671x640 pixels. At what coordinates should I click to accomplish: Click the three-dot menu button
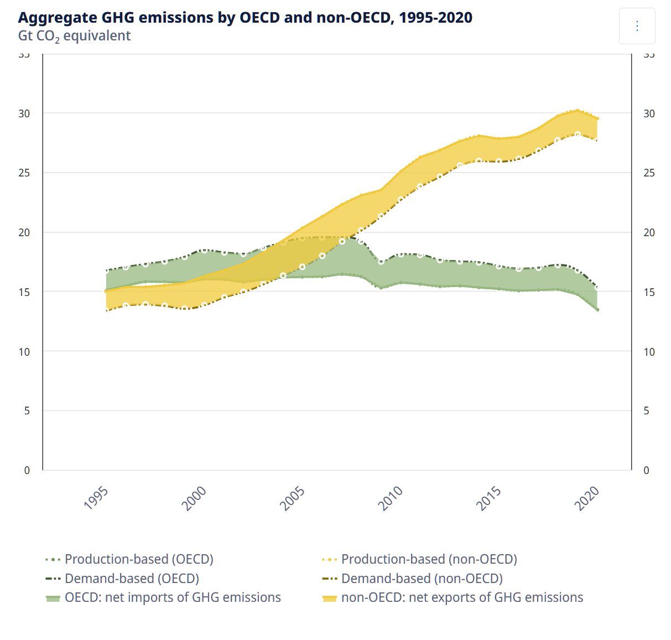click(637, 26)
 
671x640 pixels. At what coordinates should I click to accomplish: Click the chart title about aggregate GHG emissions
click(245, 18)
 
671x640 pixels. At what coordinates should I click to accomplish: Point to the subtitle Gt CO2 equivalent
click(74, 36)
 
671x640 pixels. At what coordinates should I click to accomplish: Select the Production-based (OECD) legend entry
click(139, 559)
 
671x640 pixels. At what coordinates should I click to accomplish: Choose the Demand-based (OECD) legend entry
click(132, 579)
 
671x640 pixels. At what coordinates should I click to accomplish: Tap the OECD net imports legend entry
click(173, 598)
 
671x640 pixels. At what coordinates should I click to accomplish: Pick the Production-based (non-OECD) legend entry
click(429, 559)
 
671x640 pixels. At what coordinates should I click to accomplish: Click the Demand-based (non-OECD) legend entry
click(422, 579)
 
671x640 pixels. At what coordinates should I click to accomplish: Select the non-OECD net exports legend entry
click(462, 598)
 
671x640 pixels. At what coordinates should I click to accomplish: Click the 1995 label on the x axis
click(96, 497)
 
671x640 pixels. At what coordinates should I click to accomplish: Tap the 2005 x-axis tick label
click(293, 498)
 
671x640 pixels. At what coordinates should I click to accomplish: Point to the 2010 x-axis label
click(391, 498)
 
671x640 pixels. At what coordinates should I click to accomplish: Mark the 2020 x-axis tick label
click(587, 498)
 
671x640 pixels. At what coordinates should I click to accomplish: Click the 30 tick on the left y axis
click(24, 113)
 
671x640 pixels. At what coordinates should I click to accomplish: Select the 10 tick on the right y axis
click(649, 352)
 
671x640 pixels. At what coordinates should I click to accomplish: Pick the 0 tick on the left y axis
click(27, 470)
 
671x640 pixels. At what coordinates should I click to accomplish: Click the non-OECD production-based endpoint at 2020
click(597, 118)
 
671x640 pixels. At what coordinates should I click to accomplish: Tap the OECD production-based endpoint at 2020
click(597, 310)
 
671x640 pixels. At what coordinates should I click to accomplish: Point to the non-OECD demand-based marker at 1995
click(106, 310)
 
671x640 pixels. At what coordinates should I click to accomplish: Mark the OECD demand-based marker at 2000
click(204, 251)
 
